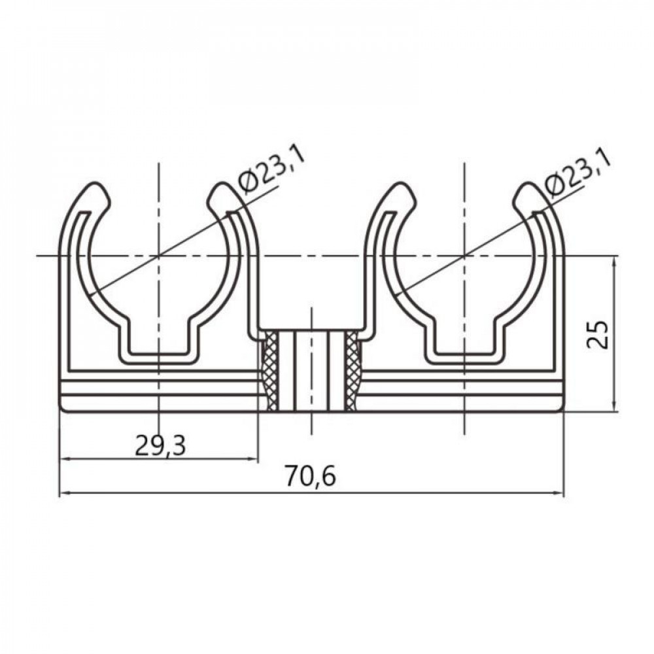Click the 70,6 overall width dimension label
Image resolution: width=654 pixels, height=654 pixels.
pyautogui.click(x=310, y=477)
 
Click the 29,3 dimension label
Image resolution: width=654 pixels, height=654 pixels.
pyautogui.click(x=160, y=445)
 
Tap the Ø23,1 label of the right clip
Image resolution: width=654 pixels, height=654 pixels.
pyautogui.click(x=577, y=171)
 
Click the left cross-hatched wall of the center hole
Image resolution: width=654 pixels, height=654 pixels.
pyautogui.click(x=269, y=371)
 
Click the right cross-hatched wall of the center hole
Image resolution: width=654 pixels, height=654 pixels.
pyautogui.click(x=353, y=371)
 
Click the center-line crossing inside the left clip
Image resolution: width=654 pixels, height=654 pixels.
pyautogui.click(x=158, y=255)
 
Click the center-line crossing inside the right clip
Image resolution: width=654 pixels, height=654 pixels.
pyautogui.click(x=464, y=255)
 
